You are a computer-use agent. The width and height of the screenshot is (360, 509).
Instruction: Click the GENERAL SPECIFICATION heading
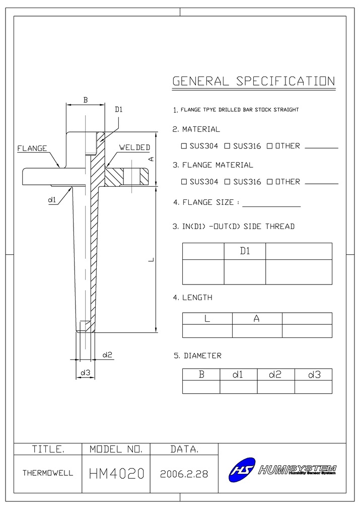(253, 82)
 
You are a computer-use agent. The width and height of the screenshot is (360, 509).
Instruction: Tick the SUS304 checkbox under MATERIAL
(184, 146)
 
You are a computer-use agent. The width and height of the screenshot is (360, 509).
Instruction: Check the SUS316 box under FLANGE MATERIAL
(227, 182)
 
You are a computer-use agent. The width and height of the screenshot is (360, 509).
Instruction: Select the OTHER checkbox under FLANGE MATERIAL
(270, 182)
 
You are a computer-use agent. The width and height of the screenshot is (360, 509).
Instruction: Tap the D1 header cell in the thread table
(245, 251)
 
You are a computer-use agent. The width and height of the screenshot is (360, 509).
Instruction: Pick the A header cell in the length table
(257, 319)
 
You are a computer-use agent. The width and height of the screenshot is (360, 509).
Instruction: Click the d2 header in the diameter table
(275, 375)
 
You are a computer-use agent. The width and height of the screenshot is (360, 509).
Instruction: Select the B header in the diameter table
(201, 375)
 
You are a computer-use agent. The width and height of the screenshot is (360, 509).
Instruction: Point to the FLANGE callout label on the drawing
(32, 149)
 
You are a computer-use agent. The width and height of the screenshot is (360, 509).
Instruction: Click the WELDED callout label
(134, 148)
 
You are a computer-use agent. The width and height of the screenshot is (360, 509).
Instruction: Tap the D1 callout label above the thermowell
(119, 109)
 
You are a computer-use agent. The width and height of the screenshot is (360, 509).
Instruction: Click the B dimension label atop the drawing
(86, 100)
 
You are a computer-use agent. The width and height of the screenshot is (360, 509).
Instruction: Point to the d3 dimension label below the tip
(85, 373)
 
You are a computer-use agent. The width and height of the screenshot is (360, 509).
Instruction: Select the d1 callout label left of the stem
(52, 200)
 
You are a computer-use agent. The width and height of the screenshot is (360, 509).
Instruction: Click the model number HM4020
(116, 473)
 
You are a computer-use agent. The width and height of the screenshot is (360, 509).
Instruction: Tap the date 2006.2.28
(184, 474)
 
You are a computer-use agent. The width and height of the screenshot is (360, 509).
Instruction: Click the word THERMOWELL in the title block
(48, 473)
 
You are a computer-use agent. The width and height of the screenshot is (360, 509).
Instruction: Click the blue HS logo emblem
(242, 470)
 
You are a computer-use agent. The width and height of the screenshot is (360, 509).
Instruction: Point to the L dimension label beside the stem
(151, 260)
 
